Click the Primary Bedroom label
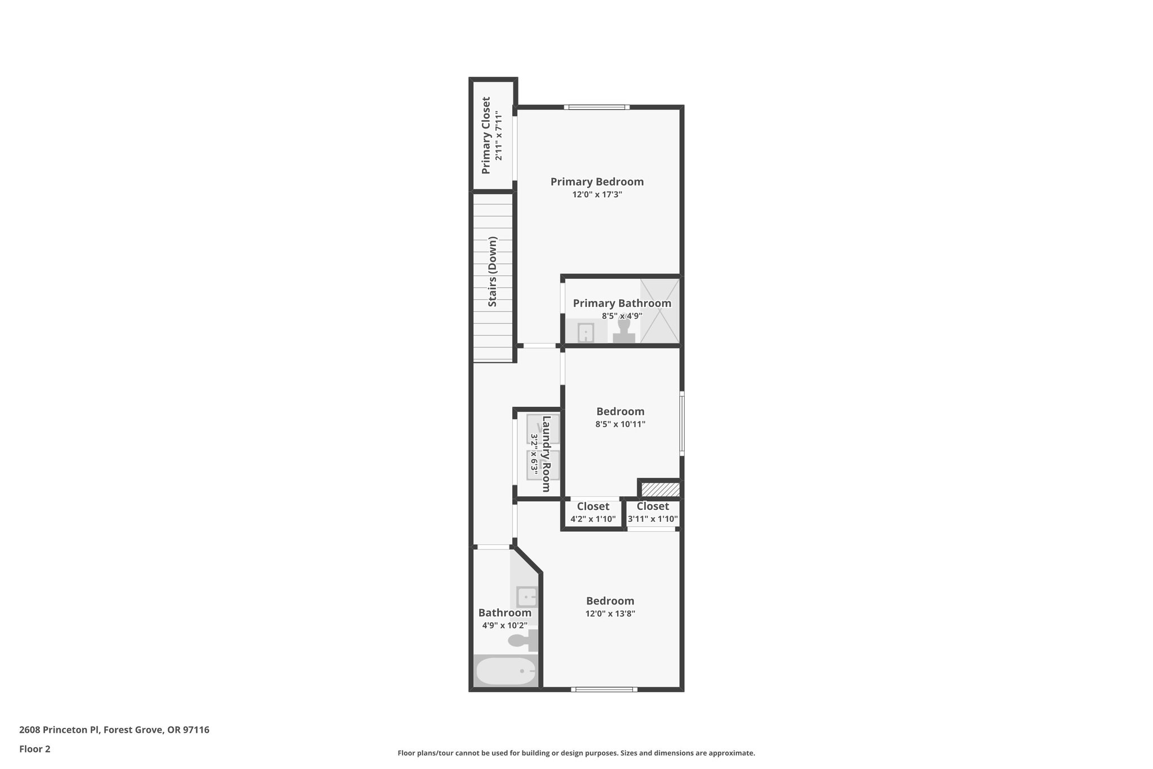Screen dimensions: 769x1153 click(597, 182)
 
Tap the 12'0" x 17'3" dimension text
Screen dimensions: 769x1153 click(597, 195)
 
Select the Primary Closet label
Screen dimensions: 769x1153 click(486, 135)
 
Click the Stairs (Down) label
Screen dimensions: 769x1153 click(493, 272)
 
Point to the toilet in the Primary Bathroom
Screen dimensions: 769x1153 click(624, 330)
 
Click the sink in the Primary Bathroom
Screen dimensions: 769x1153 click(586, 332)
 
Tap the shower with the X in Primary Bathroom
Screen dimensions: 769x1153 click(660, 310)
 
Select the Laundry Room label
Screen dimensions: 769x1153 click(546, 454)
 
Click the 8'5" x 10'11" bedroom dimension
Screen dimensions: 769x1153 click(620, 424)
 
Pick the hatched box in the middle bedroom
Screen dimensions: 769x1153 click(660, 490)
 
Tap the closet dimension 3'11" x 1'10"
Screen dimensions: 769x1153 click(653, 519)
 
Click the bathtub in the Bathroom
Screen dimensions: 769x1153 click(506, 671)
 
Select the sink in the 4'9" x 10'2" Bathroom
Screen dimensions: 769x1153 click(528, 597)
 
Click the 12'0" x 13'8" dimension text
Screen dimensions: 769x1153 click(610, 614)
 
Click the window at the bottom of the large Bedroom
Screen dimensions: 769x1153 click(604, 689)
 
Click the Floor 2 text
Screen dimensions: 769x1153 click(35, 749)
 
